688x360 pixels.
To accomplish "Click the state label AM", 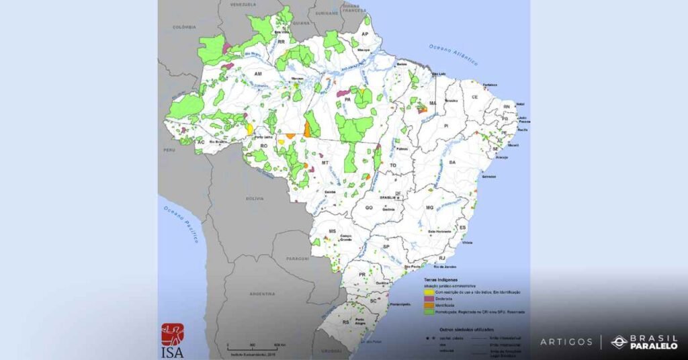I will click(x=258, y=74).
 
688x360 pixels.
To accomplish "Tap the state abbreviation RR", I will click(x=282, y=42).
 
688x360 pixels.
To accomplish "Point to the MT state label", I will click(x=325, y=163).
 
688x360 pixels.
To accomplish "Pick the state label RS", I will click(x=346, y=322).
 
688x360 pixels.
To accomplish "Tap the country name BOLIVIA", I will click(x=255, y=199).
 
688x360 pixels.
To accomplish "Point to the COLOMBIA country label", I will click(x=184, y=27).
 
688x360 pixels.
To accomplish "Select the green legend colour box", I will click(x=427, y=312).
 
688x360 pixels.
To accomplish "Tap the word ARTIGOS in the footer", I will click(x=566, y=342).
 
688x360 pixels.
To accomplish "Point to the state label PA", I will click(x=347, y=99).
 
